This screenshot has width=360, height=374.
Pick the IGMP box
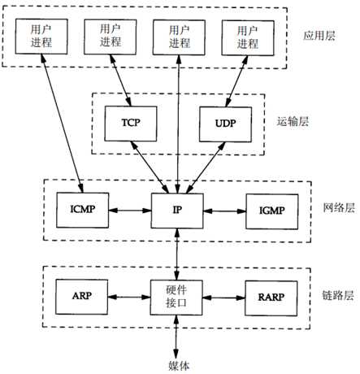click(x=272, y=210)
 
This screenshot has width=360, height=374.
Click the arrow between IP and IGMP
click(x=224, y=210)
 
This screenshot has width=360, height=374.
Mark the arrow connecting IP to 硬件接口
click(x=177, y=253)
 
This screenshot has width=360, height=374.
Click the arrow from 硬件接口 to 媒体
click(x=177, y=333)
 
